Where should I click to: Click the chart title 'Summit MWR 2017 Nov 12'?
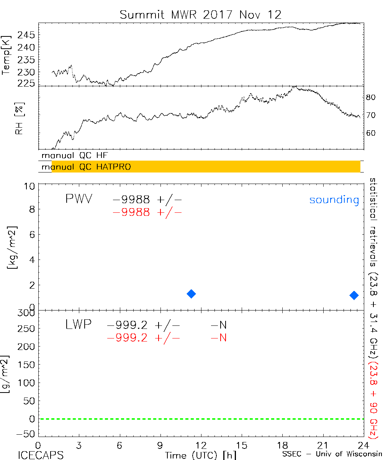click(x=200, y=15)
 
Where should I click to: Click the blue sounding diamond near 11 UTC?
click(x=191, y=294)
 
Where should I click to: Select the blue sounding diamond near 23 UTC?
click(x=354, y=295)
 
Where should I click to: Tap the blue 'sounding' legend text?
click(x=334, y=200)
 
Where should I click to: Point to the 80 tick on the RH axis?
click(x=370, y=97)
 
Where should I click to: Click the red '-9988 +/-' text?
click(x=147, y=212)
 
